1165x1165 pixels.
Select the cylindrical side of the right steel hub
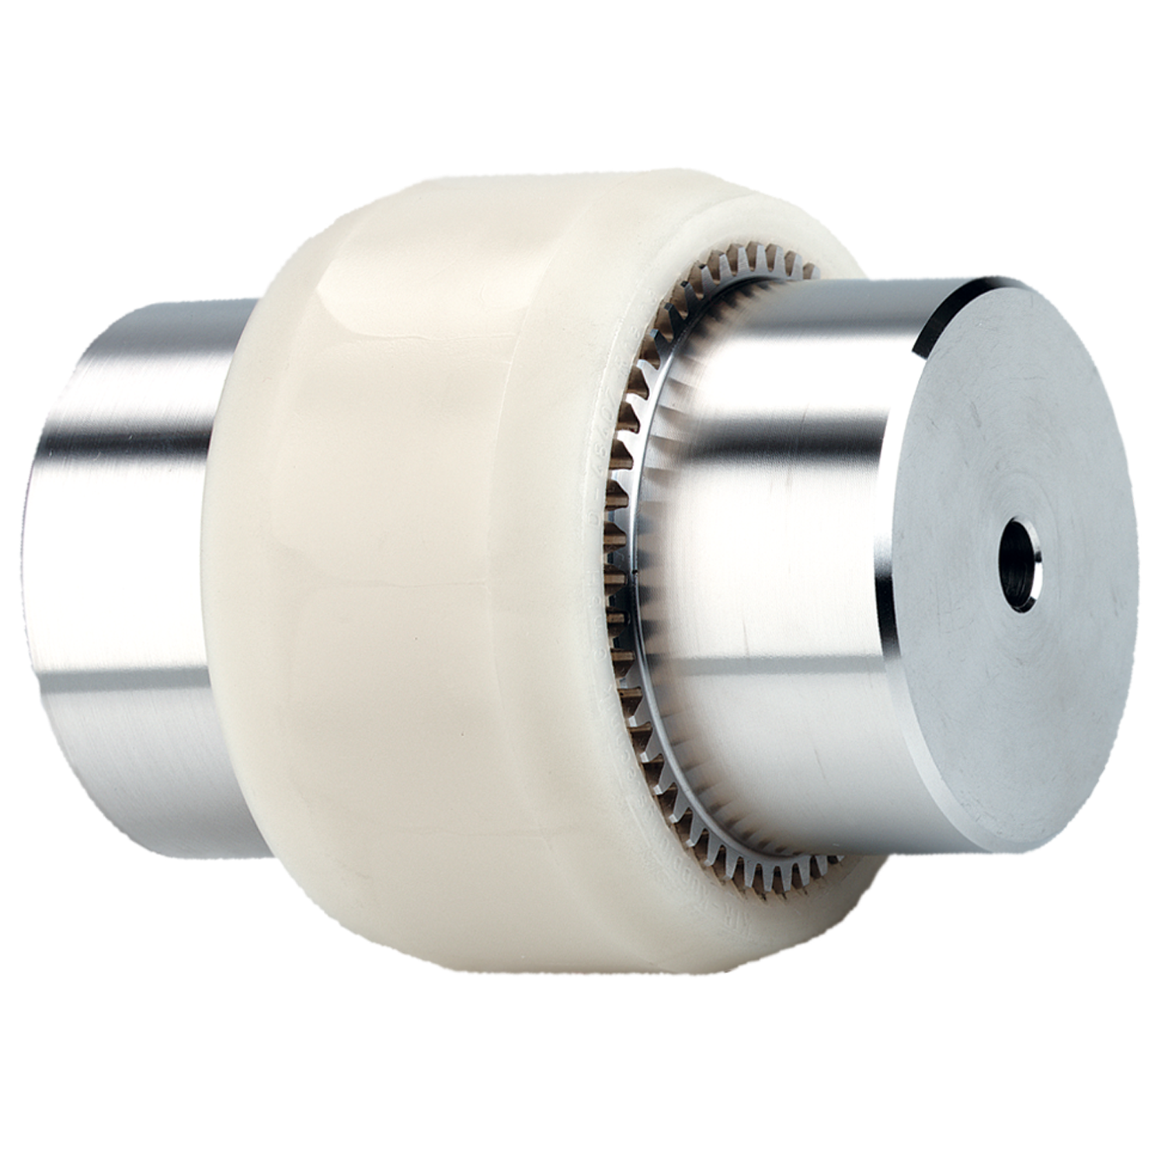(x=777, y=505)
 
